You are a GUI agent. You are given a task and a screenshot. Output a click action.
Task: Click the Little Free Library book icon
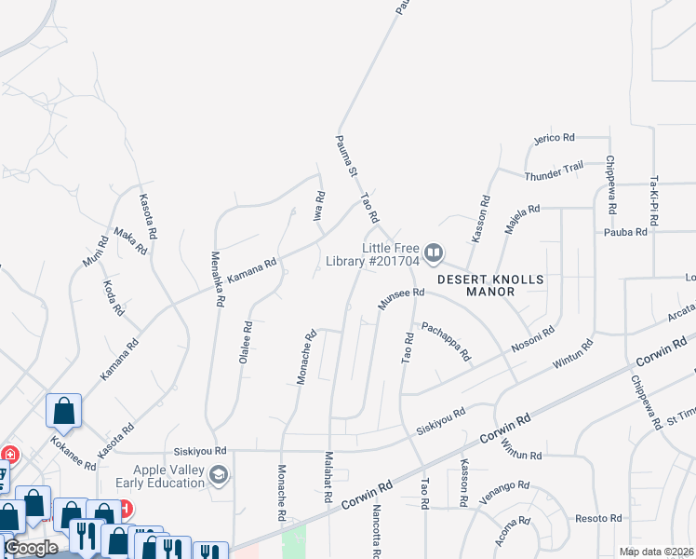point(433,252)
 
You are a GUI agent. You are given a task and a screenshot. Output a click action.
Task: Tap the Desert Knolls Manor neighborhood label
point(476,285)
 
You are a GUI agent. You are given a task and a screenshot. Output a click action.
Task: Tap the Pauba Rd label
point(624,232)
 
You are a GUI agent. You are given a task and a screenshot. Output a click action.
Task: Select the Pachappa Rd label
point(446,342)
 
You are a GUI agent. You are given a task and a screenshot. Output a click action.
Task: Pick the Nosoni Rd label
point(533,342)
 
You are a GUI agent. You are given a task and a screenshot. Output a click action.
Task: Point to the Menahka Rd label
point(218,279)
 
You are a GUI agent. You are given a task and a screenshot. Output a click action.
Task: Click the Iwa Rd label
point(319,204)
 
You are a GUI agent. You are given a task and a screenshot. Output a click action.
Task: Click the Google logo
point(31,548)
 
